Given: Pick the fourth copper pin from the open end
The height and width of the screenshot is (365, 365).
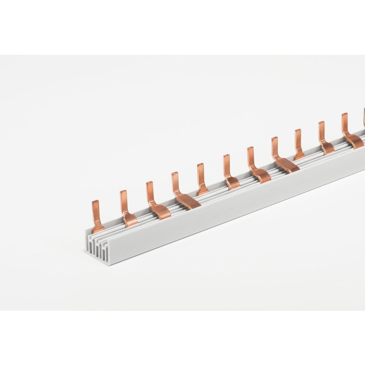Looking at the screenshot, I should coord(181,191).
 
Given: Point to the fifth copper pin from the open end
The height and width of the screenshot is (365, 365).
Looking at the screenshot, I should coord(201,179).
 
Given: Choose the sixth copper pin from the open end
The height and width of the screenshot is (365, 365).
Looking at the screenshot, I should coord(229,172).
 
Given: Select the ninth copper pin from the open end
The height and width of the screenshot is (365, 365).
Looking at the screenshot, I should coord(298,144).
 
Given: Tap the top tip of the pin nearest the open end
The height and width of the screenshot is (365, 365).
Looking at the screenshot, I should coord(95,203).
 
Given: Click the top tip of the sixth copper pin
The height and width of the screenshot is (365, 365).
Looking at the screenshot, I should coord(226,157).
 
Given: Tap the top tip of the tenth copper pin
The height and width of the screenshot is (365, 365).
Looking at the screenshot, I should coord(321,124).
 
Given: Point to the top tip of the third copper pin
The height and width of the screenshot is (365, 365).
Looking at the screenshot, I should coord(149,183).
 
